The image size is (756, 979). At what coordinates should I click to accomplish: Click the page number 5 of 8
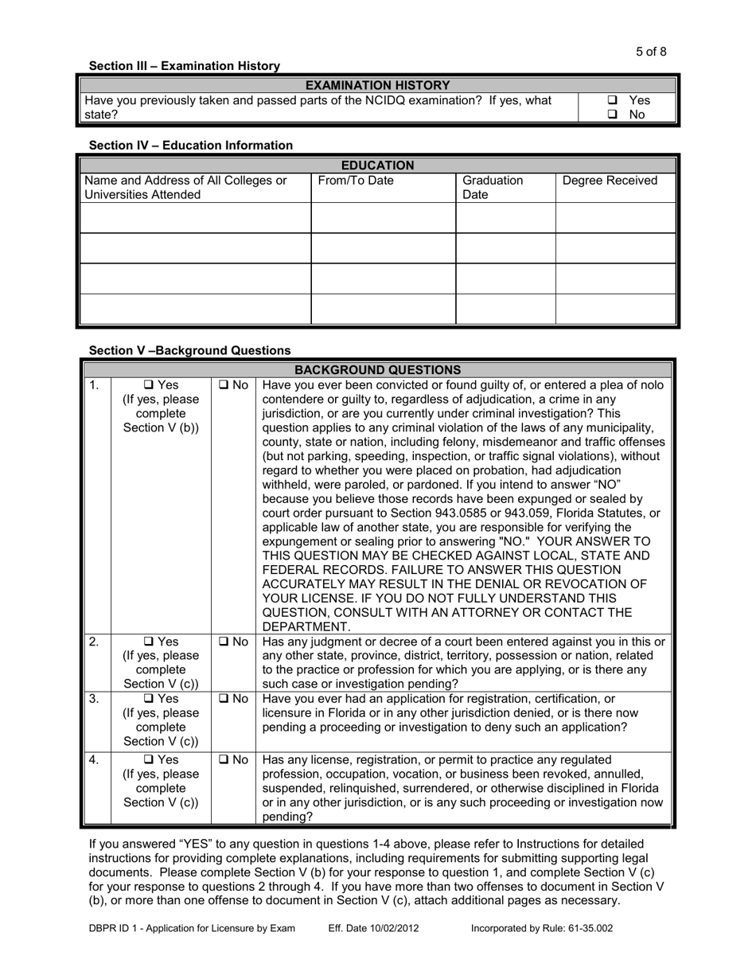tap(651, 52)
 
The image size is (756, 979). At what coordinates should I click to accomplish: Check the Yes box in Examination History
tap(613, 101)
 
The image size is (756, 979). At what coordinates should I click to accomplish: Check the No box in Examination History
tap(613, 115)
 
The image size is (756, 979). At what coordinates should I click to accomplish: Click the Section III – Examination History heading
tap(184, 66)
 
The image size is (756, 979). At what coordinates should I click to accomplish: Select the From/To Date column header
tap(356, 181)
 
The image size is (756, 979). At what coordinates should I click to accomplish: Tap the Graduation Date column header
tap(493, 187)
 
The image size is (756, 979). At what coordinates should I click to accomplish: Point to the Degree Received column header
tap(610, 181)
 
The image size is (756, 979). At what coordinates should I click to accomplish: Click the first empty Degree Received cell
tap(614, 218)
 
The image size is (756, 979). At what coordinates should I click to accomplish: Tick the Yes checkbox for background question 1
tap(149, 385)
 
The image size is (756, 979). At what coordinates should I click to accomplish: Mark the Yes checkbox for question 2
tap(149, 642)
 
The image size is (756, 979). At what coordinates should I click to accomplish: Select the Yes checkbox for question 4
tap(149, 759)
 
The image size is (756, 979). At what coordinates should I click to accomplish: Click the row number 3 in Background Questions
tap(93, 699)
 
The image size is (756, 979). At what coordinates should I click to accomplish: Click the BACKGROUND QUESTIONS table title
tap(377, 370)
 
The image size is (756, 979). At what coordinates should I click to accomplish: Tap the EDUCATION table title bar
tap(377, 166)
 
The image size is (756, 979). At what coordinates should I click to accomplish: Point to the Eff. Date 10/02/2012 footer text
tap(374, 928)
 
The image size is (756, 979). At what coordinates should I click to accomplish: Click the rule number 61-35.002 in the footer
tap(586, 928)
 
